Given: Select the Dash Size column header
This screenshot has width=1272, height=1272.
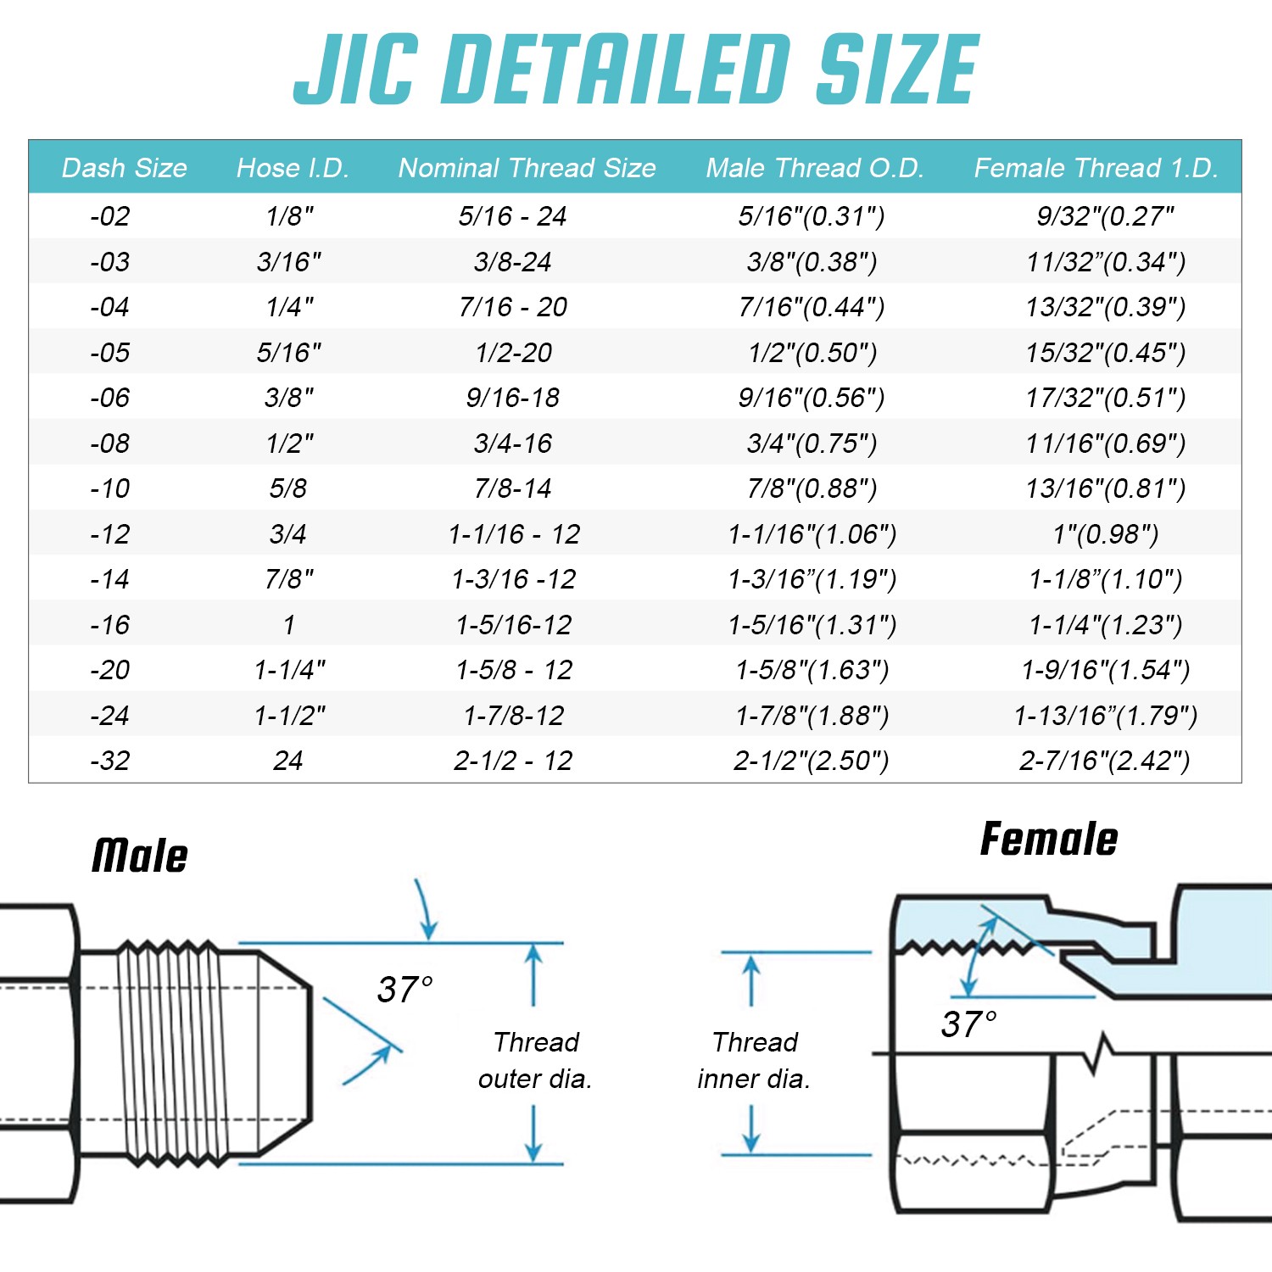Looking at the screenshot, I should (125, 168).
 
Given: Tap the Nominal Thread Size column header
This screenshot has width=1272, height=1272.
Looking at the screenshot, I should (527, 168).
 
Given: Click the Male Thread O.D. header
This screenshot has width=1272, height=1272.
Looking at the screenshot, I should (814, 168).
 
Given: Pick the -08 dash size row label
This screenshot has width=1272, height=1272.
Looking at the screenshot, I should (110, 444).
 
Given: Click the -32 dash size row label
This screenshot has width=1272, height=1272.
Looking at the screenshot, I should (110, 761).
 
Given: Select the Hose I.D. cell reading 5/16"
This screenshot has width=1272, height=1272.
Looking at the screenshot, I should (289, 353).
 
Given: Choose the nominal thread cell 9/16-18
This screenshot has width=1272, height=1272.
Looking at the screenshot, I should (513, 398).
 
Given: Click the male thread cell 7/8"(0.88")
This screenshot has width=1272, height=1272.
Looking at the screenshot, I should (812, 488).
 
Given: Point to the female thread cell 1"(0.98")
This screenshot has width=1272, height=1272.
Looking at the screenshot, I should (1105, 534).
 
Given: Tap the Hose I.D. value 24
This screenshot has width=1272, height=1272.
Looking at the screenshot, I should (288, 761).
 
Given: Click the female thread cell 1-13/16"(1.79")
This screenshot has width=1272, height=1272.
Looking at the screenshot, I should (1105, 716).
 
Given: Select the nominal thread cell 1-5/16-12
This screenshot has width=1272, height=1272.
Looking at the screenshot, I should (514, 625).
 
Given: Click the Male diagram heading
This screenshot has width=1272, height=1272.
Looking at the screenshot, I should (140, 856).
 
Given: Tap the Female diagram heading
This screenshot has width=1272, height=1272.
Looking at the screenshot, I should (1049, 840).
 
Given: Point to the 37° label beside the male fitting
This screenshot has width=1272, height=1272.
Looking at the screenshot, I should (404, 990).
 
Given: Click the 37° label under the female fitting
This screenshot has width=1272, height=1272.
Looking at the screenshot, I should (968, 1024).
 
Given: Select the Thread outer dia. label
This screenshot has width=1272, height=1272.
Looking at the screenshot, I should (535, 1060).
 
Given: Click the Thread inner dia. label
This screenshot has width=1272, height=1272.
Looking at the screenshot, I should (754, 1060).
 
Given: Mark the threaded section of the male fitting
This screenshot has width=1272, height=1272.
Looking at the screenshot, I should (170, 1052).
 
